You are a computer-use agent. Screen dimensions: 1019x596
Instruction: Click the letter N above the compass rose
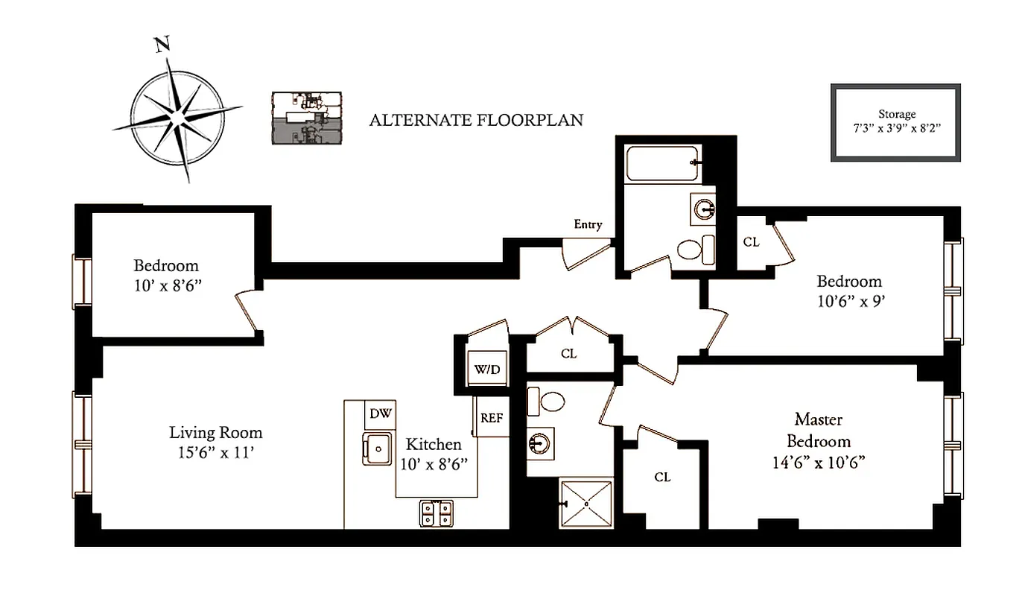click(160, 46)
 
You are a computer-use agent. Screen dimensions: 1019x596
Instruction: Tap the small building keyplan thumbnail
click(306, 117)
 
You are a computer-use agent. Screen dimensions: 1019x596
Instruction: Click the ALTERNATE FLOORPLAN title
click(476, 119)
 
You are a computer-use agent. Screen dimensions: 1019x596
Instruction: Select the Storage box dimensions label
click(897, 121)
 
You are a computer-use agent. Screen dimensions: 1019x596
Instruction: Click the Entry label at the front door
click(588, 224)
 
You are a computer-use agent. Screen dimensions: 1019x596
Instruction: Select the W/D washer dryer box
click(489, 370)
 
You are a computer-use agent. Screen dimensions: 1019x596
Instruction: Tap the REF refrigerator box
click(492, 417)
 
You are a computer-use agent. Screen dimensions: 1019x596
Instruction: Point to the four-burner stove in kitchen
click(437, 513)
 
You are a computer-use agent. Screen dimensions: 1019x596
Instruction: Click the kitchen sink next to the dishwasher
click(378, 448)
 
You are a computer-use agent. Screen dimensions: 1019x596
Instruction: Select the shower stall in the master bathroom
click(587, 505)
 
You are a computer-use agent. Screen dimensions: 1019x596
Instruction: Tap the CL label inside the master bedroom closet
click(662, 477)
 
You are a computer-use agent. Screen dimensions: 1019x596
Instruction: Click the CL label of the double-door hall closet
click(568, 354)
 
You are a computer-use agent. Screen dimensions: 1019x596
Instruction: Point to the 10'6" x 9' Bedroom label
click(849, 291)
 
